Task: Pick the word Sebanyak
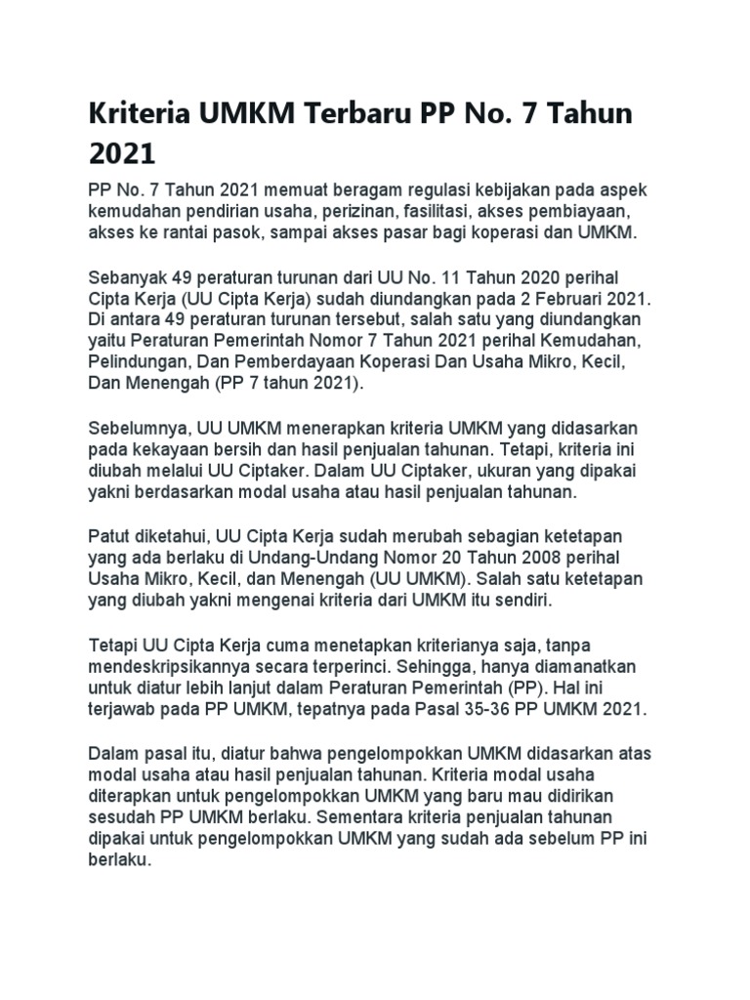click(x=124, y=279)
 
